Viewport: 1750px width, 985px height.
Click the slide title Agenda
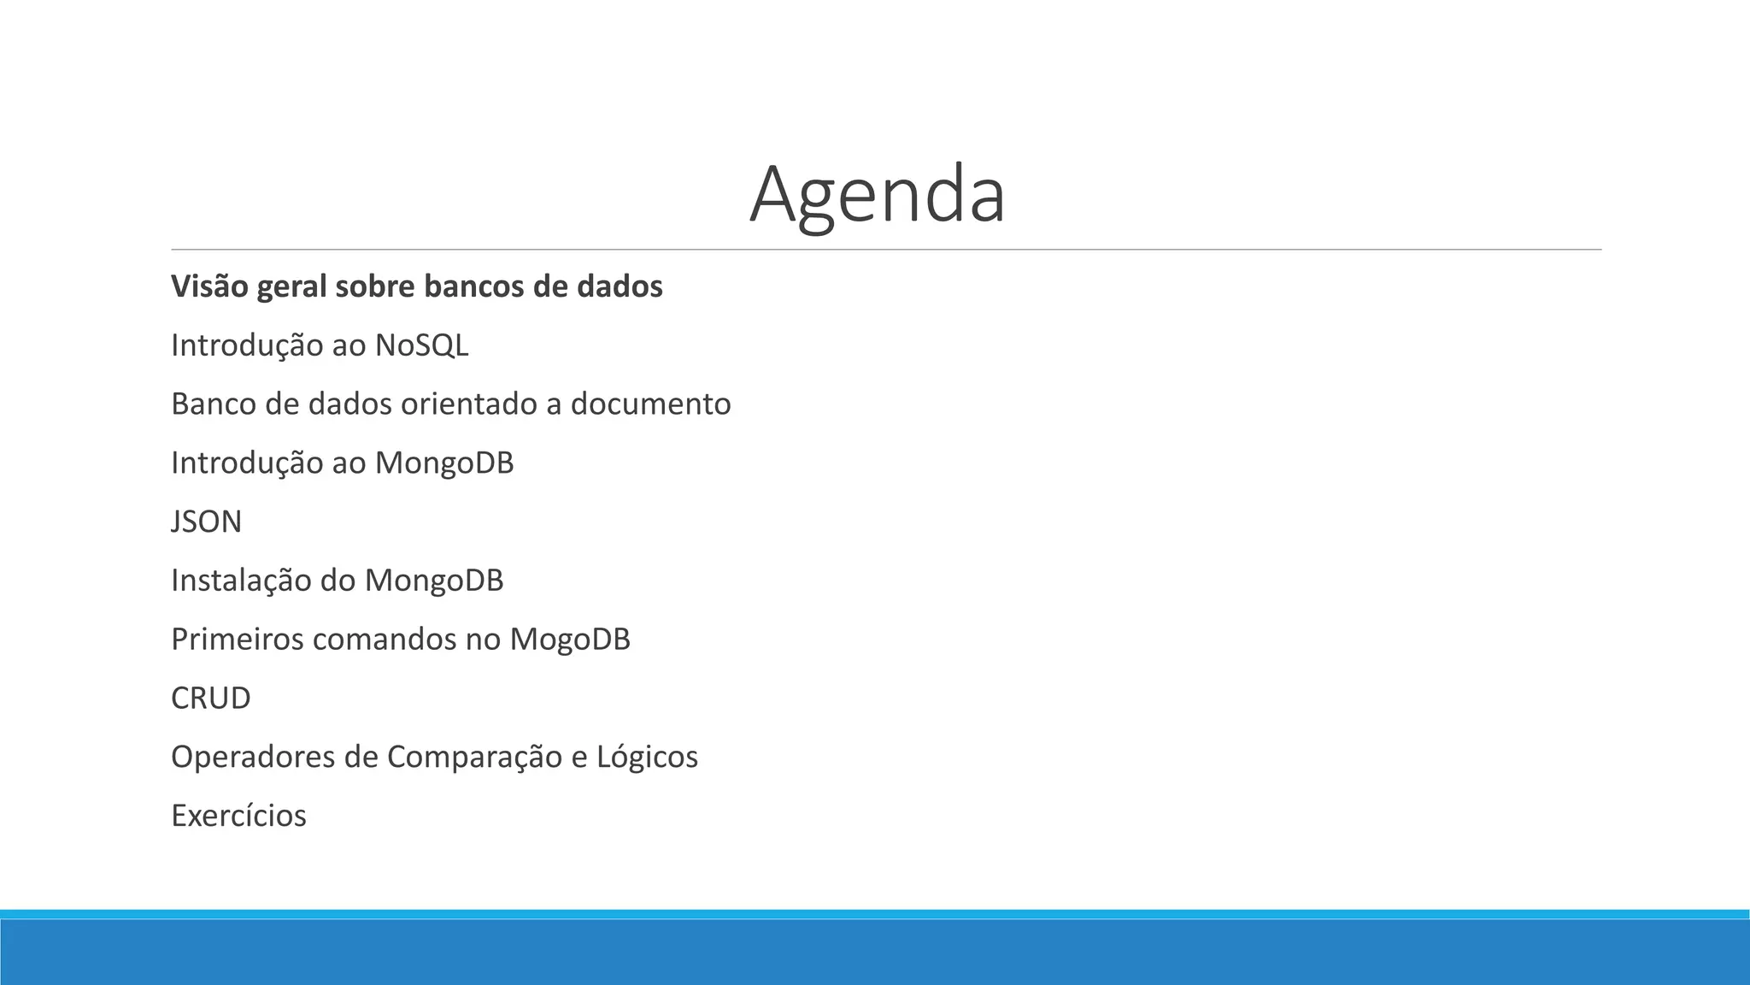click(x=878, y=194)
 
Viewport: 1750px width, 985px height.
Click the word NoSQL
click(x=421, y=345)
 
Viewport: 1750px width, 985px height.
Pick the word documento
click(x=650, y=404)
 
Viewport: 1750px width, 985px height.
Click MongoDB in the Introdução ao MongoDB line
click(x=443, y=463)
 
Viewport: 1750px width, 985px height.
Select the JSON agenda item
click(x=207, y=522)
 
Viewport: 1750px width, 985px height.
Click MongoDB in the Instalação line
click(x=433, y=581)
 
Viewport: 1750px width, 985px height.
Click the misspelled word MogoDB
click(x=569, y=640)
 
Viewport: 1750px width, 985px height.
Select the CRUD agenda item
click(x=211, y=699)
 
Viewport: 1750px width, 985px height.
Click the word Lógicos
click(x=647, y=758)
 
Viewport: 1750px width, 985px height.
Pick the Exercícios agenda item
click(x=238, y=816)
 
